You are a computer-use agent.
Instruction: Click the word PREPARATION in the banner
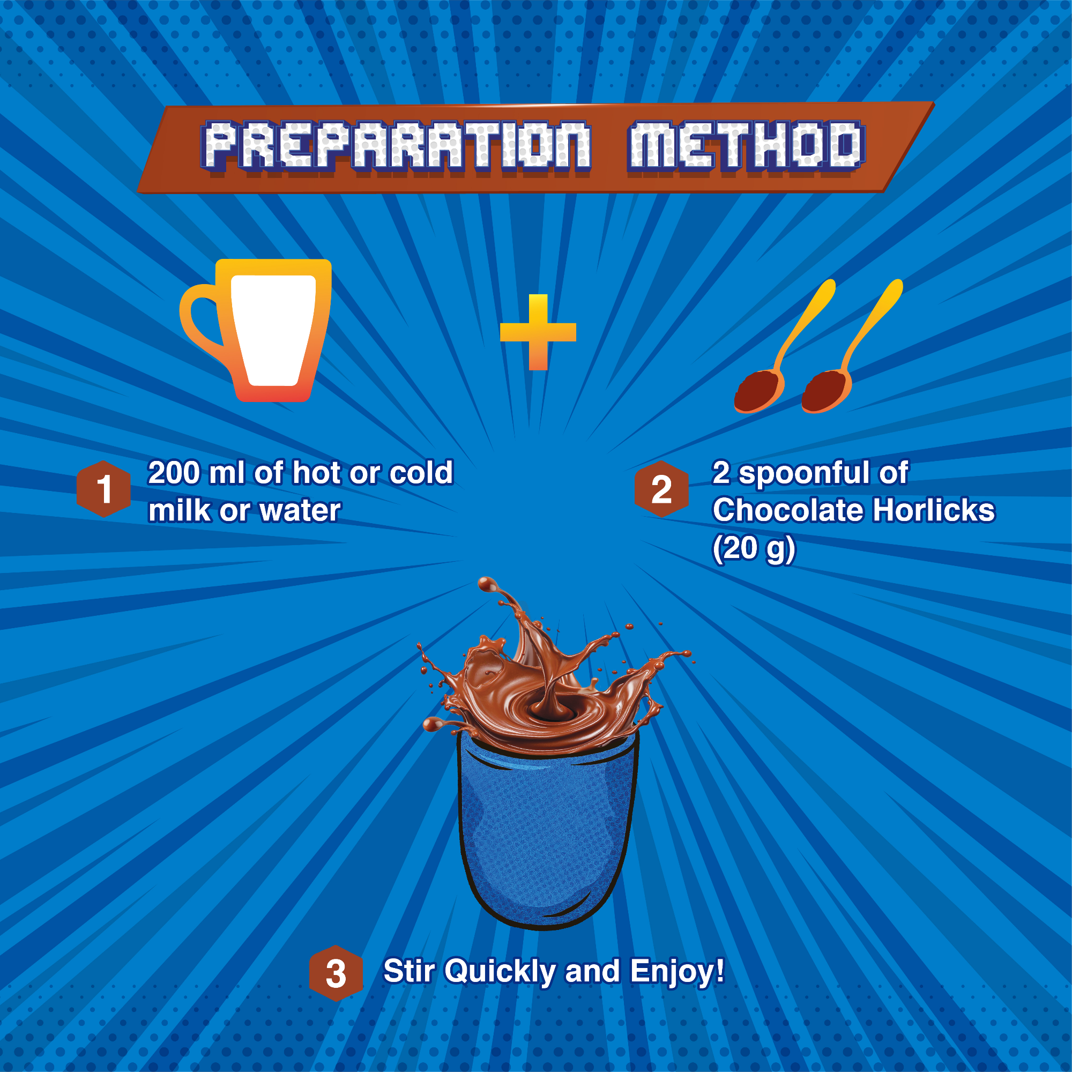point(396,145)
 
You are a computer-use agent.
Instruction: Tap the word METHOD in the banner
point(746,145)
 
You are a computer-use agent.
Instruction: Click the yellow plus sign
point(538,332)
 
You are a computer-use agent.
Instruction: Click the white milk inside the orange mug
point(273,331)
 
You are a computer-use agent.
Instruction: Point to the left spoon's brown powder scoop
point(758,392)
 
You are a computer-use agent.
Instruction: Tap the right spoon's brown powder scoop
point(825,392)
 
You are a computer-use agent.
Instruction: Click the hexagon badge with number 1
point(104,489)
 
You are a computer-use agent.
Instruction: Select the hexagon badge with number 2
point(661,489)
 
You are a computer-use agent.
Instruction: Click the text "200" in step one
point(174,473)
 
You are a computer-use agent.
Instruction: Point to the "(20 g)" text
point(754,549)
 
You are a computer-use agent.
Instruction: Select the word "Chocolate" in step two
point(788,510)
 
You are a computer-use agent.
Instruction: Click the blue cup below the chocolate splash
point(548,832)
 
